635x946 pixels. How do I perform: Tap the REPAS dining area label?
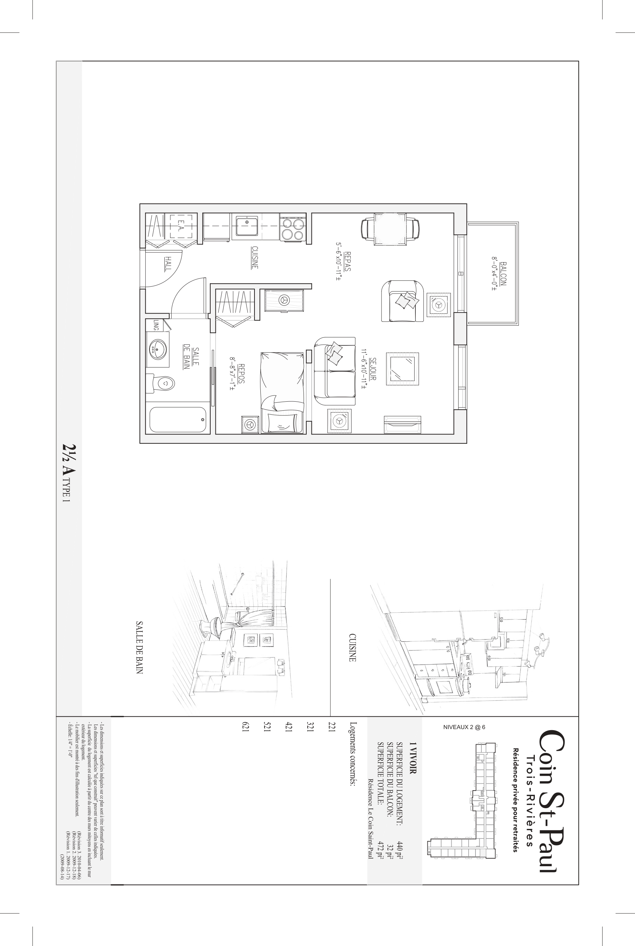[347, 261]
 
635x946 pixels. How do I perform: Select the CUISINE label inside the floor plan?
[255, 257]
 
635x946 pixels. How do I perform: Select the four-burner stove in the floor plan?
[293, 228]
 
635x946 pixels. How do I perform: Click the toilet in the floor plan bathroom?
[160, 383]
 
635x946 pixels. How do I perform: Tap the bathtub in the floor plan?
[178, 420]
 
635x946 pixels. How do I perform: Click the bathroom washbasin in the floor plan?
[158, 349]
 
